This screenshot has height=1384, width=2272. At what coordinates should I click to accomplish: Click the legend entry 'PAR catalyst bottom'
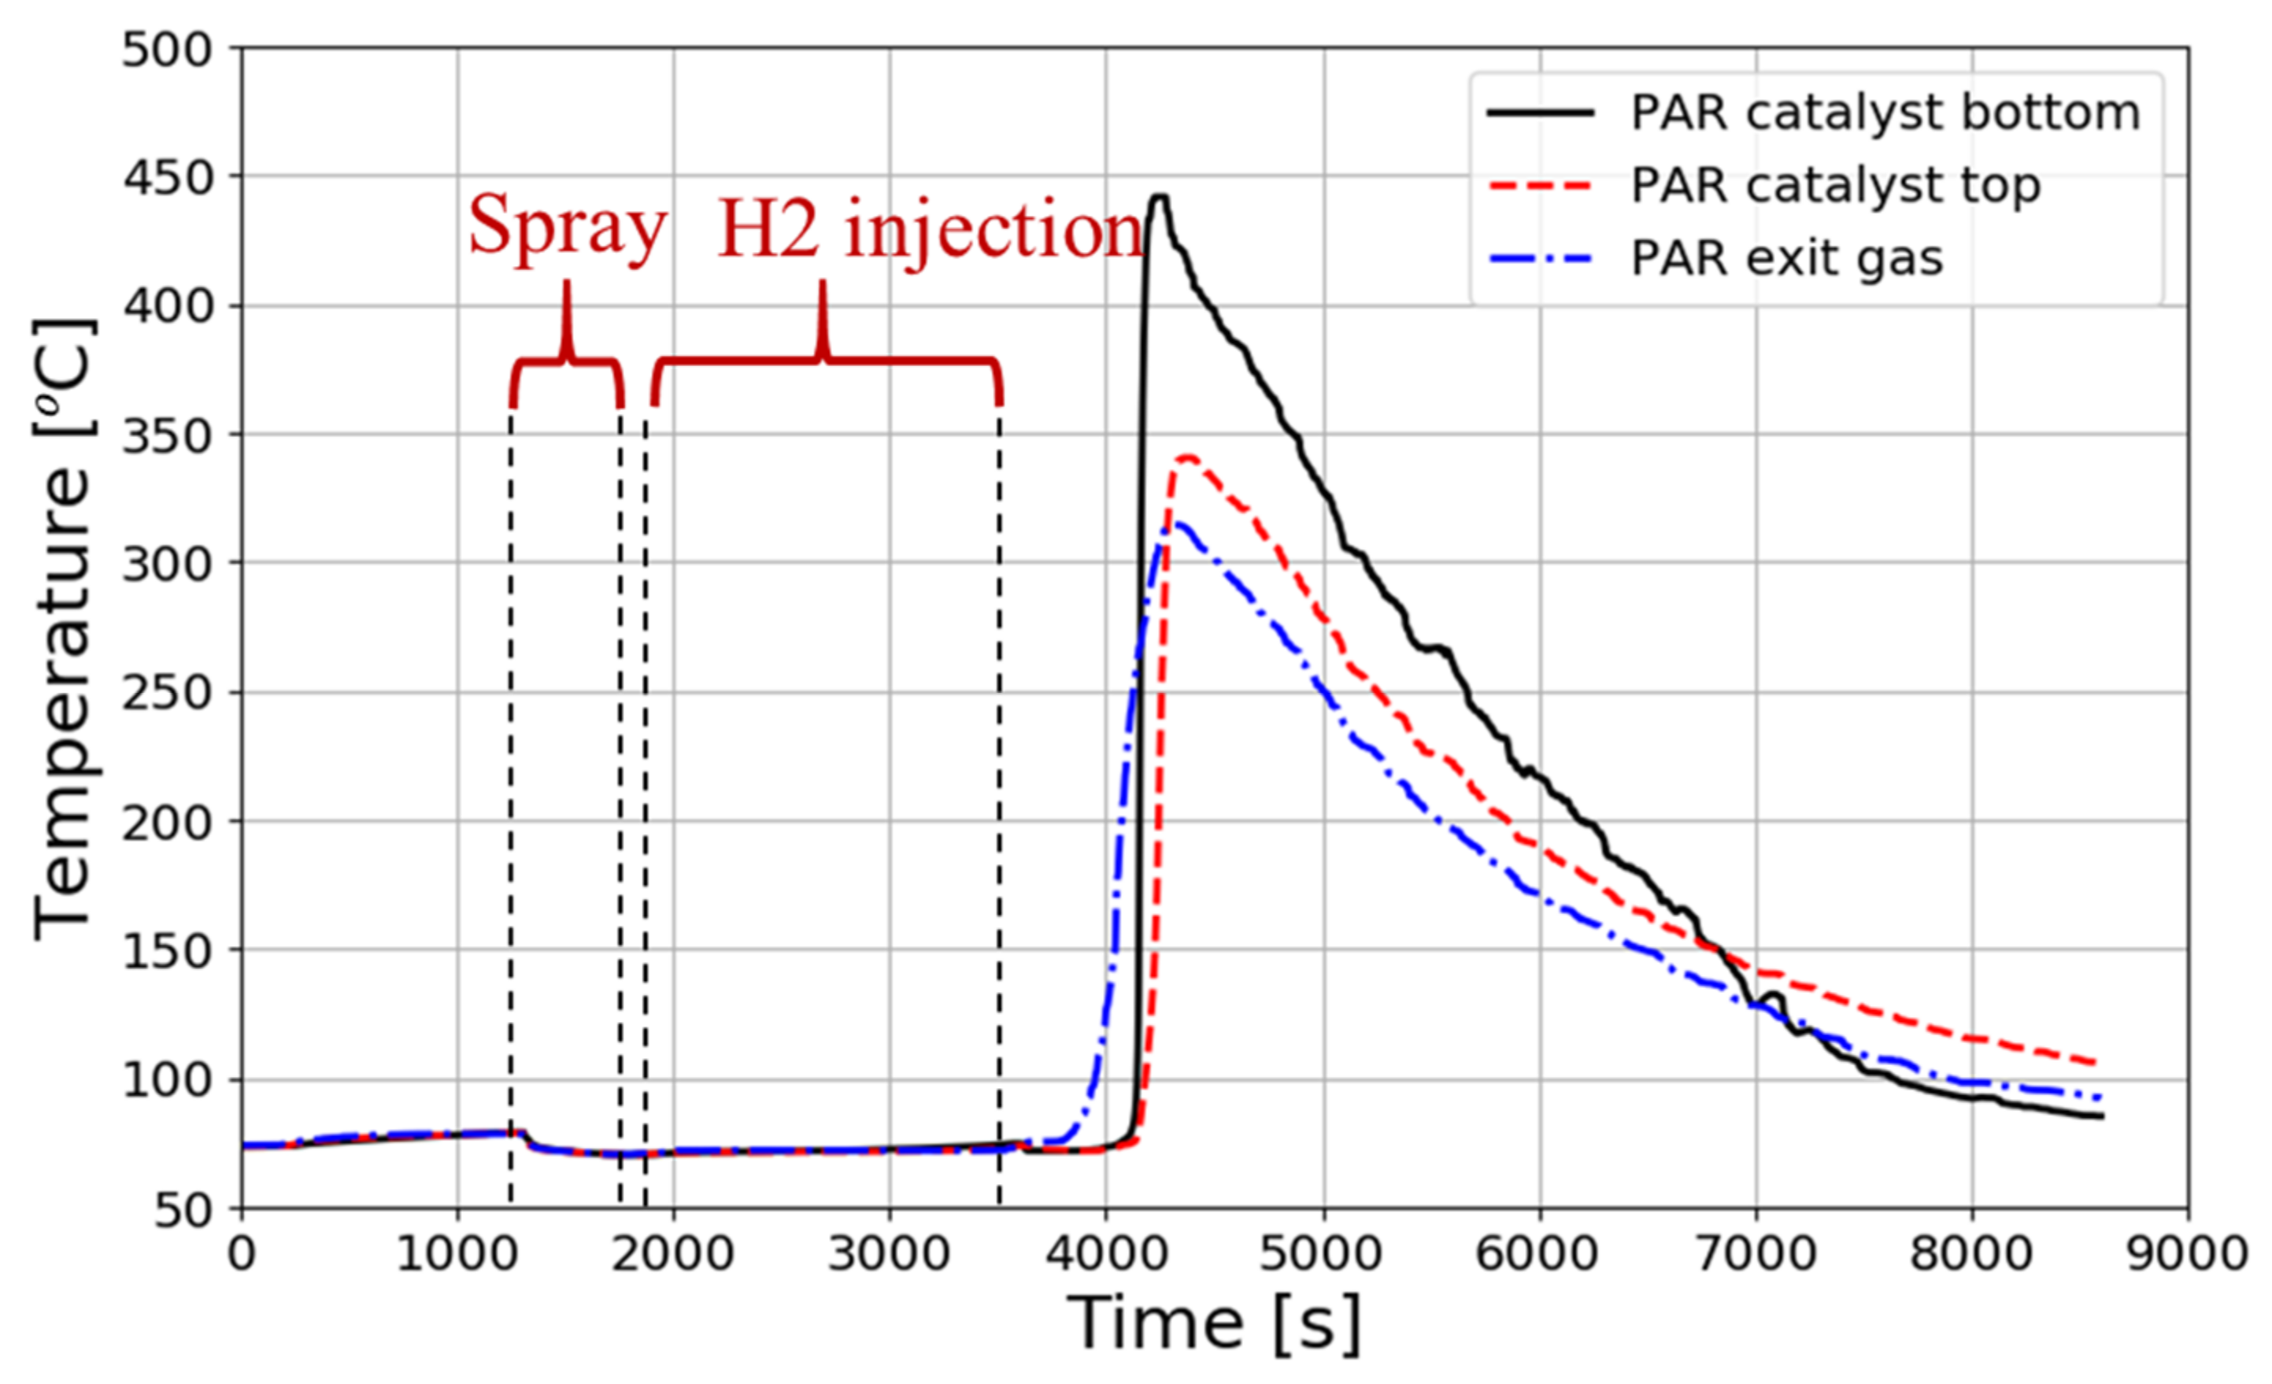click(1884, 113)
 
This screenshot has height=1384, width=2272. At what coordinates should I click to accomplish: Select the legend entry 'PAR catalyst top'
click(1835, 185)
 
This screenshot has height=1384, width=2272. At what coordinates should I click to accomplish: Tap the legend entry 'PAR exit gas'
click(1786, 258)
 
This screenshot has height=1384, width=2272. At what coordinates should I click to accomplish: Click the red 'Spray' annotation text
click(566, 227)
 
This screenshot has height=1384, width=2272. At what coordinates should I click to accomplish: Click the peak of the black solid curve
click(1159, 196)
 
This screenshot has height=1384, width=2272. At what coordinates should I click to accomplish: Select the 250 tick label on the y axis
click(167, 693)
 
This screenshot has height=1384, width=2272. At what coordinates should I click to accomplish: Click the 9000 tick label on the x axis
click(2187, 1254)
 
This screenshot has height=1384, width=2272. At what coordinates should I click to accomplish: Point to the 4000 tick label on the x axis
click(1105, 1254)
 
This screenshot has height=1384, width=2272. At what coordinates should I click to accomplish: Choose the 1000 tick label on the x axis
click(457, 1254)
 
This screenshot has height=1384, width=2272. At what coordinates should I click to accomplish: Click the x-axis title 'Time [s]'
click(1213, 1325)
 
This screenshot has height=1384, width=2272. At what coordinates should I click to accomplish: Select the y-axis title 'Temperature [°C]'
click(65, 629)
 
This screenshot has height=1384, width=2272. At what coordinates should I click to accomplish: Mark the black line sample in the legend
click(1540, 113)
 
